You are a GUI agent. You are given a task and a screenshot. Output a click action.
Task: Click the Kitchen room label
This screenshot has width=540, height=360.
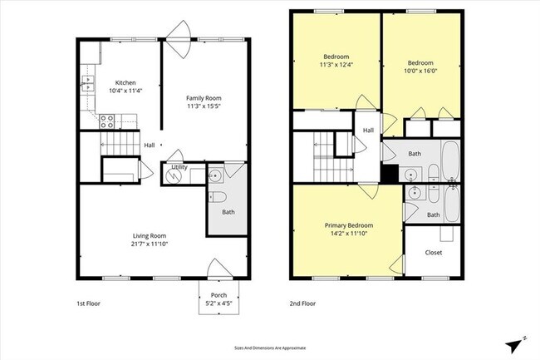point(125,83)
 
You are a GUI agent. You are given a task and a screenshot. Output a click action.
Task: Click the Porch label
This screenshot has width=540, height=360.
point(218,294)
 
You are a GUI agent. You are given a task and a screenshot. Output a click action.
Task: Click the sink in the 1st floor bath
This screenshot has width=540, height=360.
point(215,175)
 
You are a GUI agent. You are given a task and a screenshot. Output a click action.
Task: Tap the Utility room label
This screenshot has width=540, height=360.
point(179,167)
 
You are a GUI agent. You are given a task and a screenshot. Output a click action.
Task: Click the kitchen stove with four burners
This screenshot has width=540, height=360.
point(107,121)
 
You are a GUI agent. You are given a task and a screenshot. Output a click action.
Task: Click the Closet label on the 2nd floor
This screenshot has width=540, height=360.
point(434,252)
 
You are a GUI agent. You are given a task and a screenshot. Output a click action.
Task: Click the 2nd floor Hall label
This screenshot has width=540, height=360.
point(368,131)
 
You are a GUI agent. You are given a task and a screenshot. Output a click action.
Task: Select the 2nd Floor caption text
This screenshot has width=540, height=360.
point(302,303)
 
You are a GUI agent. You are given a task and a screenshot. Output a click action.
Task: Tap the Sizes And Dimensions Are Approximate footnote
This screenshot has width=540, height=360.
point(270,348)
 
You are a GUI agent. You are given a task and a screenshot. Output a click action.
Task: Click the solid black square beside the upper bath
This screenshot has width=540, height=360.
point(389,175)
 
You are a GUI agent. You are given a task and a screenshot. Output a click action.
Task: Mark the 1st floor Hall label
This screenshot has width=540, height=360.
point(150,145)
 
